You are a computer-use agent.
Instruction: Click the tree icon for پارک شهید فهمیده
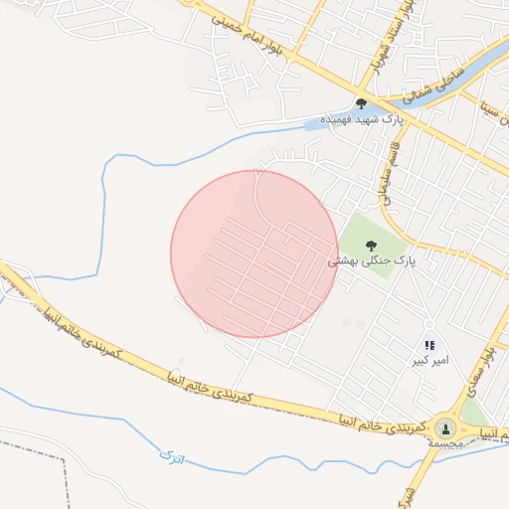point(360,103)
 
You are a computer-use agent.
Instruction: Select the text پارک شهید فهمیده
point(380,119)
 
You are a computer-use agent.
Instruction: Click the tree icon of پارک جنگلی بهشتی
point(372,245)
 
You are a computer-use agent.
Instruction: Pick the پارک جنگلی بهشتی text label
point(371,260)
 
